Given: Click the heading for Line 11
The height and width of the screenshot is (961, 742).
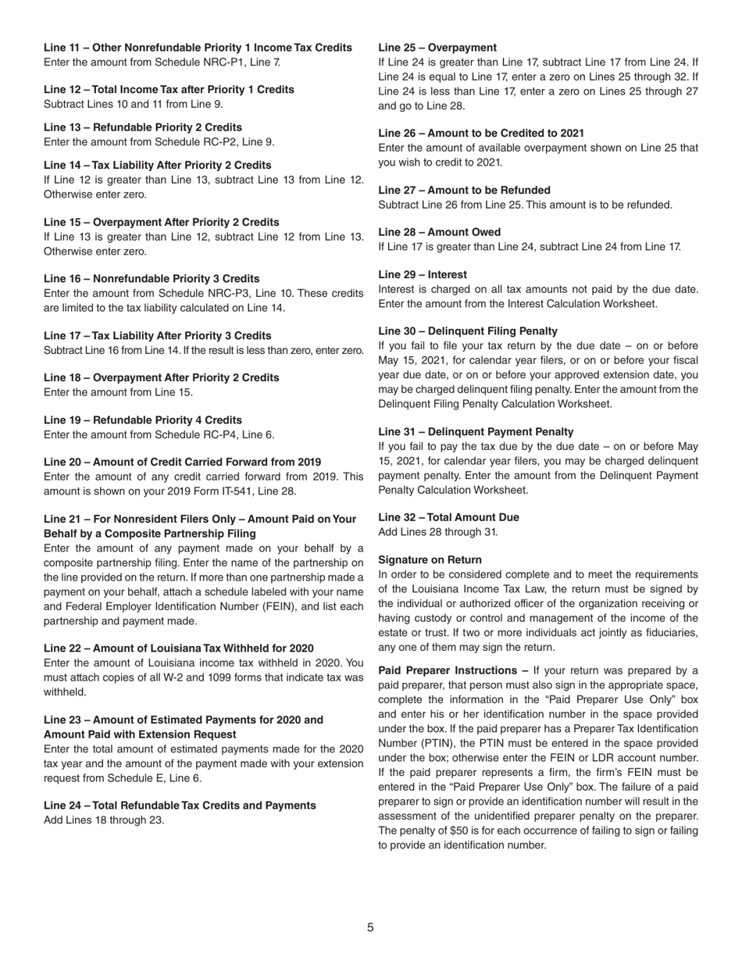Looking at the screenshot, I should pos(198,48).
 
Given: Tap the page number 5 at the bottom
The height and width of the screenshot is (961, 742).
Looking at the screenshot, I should pos(371,927).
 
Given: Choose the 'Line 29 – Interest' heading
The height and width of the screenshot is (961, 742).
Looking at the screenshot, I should pos(423,274).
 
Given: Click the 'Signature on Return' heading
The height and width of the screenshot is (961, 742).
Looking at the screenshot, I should pos(430,560).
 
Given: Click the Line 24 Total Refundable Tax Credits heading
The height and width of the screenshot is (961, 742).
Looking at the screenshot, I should pos(180,806).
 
